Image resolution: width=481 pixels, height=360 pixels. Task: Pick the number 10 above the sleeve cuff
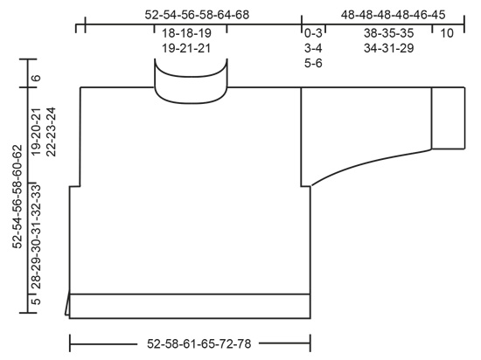coord(446,33)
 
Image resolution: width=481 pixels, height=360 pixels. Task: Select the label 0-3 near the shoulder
coord(314,33)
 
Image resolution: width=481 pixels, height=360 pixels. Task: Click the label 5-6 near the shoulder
coord(314,63)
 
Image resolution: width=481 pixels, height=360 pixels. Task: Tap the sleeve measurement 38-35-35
coord(389,33)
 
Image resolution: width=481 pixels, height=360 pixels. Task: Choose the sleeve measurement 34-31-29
coord(389,48)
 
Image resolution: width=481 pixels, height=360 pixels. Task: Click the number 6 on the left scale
coord(36,78)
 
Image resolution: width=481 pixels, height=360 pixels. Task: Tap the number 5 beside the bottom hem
coord(36,303)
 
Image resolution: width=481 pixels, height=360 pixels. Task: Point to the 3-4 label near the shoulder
coord(314,48)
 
